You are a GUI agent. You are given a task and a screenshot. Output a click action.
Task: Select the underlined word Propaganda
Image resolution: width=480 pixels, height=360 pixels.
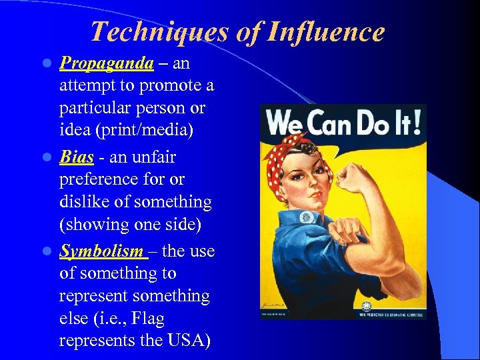(107, 63)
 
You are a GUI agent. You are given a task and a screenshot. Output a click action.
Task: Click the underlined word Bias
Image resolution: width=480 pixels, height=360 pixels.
(75, 157)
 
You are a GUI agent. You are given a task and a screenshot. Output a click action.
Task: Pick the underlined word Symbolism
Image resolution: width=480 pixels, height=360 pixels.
(102, 251)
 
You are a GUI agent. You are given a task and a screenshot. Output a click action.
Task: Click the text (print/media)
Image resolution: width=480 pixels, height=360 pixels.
(126, 131)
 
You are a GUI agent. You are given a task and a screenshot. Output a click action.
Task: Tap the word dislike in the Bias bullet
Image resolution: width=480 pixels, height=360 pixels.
(83, 202)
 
